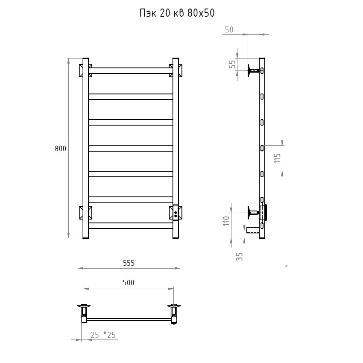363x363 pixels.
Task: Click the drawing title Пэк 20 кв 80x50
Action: point(177,13)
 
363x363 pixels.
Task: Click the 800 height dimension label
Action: point(60,148)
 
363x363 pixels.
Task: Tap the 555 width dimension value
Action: point(129,263)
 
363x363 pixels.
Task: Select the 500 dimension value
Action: point(129,282)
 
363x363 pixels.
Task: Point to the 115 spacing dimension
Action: point(277,158)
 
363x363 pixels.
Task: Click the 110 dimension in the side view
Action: point(226,221)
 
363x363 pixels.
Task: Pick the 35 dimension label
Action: point(240,257)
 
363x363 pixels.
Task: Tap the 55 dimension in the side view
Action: point(232,64)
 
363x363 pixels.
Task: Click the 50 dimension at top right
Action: point(229,29)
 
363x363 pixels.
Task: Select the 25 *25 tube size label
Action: point(103,335)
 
